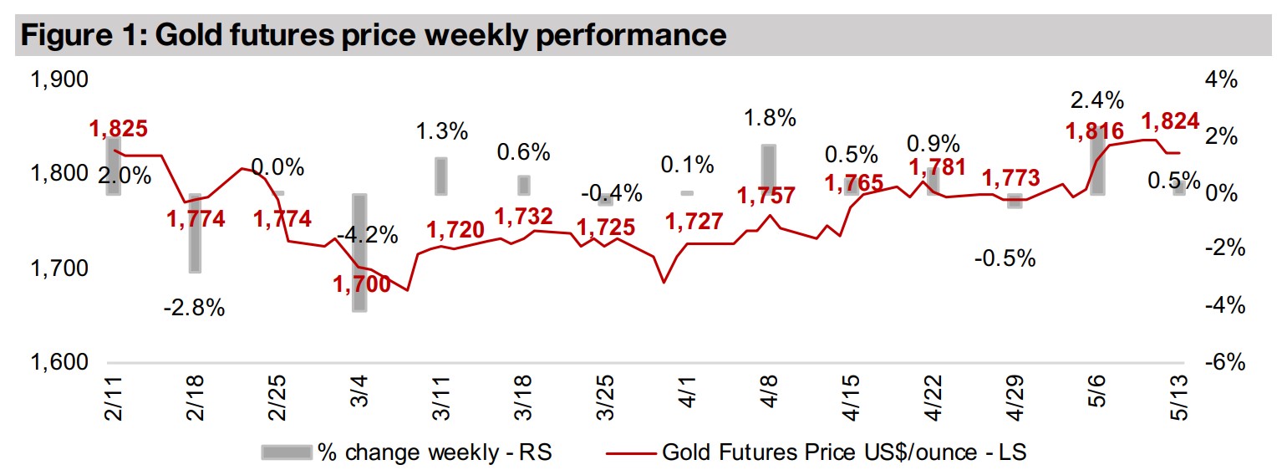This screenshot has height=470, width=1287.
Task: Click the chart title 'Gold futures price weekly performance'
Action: tap(371, 35)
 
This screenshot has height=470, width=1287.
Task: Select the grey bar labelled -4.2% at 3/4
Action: tap(359, 253)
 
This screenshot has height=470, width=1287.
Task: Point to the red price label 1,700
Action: tap(361, 284)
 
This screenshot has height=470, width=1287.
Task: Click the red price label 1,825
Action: tap(119, 129)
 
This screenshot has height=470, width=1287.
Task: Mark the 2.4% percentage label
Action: tap(1096, 101)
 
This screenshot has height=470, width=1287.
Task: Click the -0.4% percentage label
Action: tap(613, 194)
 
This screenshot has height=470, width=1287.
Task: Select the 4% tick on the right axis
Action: tap(1221, 80)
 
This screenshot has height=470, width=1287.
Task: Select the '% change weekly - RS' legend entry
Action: tap(407, 452)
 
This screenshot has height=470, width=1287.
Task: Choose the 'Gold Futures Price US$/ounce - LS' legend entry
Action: tap(816, 452)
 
